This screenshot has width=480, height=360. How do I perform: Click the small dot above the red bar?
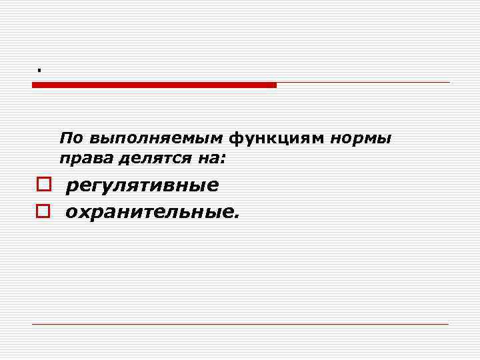click(x=39, y=69)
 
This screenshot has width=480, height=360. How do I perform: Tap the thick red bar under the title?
click(x=154, y=85)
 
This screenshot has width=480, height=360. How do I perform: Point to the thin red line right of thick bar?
click(x=363, y=83)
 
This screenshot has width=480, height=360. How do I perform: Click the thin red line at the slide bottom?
click(x=240, y=324)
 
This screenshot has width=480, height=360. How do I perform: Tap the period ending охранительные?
click(x=234, y=217)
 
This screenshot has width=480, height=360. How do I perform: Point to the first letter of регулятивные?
click(x=71, y=187)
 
